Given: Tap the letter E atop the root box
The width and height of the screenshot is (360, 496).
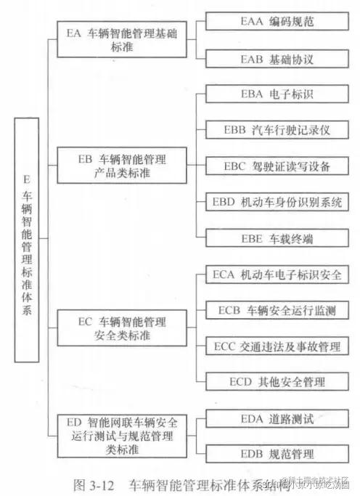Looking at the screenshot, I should coord(26,178).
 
